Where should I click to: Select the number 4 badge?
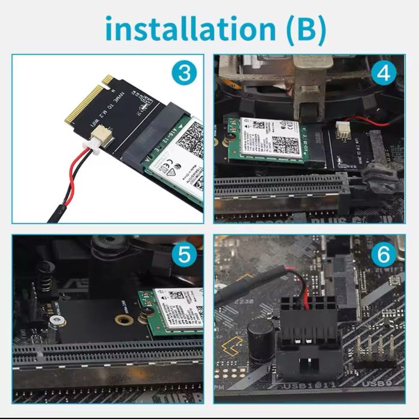[384, 74]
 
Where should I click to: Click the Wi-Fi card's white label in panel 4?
[270, 135]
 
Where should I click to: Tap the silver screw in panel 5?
[56, 322]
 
